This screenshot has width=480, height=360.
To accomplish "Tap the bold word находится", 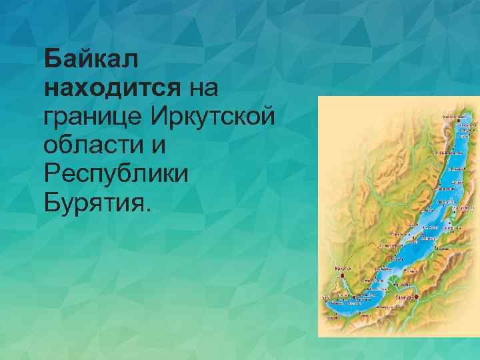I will [x=112, y=87].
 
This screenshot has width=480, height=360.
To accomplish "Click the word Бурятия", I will [x=92, y=202].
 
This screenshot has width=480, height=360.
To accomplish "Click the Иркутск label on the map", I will [x=342, y=269].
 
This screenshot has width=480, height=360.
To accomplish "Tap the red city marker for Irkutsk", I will [x=342, y=275].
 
